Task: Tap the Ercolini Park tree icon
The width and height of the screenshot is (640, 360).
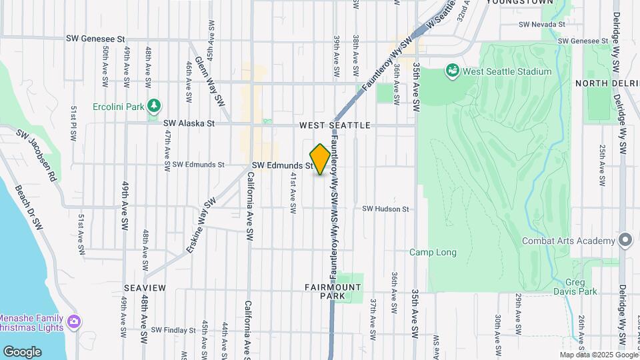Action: point(155,105)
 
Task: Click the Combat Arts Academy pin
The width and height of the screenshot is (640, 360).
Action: point(625,240)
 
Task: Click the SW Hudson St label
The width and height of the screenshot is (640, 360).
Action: point(385,209)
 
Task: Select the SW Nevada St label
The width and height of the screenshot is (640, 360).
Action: point(542,24)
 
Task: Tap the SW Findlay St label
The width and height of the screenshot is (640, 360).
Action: point(173,329)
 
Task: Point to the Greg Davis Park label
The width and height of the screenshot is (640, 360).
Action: point(575,287)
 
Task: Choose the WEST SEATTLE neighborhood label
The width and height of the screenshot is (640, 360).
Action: point(335,125)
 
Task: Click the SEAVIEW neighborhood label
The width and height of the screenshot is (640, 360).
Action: point(145,287)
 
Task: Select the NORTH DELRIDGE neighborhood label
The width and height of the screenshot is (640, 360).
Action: point(607,83)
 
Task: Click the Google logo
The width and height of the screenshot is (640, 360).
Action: point(22,351)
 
